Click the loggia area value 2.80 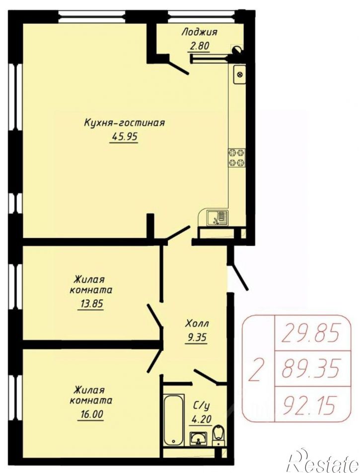(200, 47)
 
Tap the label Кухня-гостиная (124, 123)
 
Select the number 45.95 (125, 137)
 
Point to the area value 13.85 (90, 303)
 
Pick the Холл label (197, 324)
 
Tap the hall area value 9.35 (197, 337)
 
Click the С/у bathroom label (201, 406)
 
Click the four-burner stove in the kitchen (237, 158)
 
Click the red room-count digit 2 (256, 369)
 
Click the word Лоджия (200, 32)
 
